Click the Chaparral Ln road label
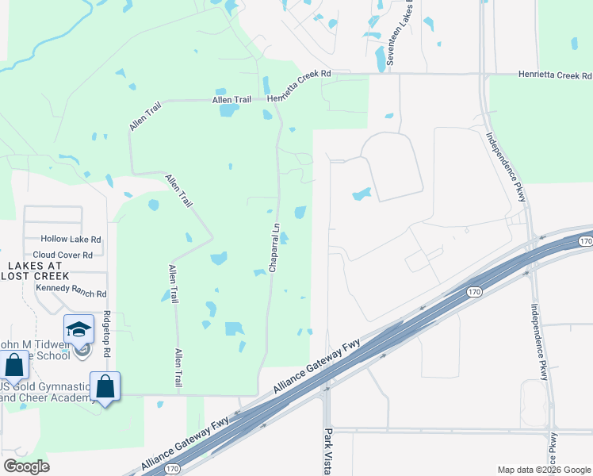click(274, 248)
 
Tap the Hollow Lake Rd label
click(71, 239)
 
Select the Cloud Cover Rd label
click(68, 255)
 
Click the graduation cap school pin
click(79, 329)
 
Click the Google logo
click(26, 466)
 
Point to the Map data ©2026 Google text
click(543, 469)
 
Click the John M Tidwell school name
click(36, 344)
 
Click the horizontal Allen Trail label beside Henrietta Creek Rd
click(231, 100)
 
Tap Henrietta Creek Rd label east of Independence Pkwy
click(556, 75)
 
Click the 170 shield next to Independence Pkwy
click(585, 240)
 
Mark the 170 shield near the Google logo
click(172, 470)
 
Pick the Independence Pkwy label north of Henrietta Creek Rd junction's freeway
click(506, 166)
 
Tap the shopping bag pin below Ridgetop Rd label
click(105, 386)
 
